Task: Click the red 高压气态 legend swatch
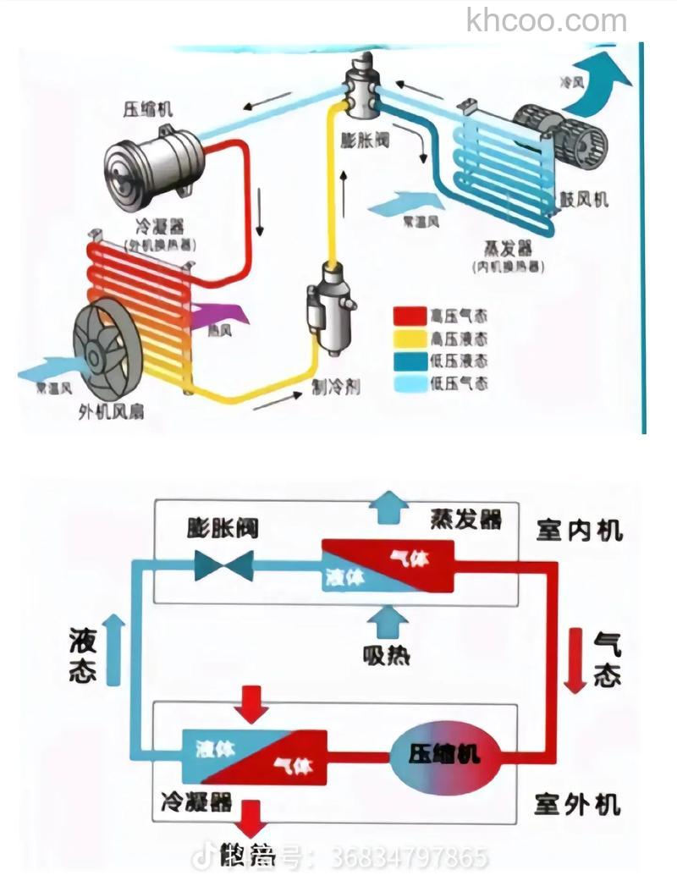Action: click(x=409, y=317)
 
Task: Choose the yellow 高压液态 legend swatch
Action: click(x=409, y=339)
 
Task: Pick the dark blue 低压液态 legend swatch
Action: click(x=409, y=361)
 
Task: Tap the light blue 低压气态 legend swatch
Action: click(x=409, y=383)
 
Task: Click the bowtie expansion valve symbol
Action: click(x=223, y=565)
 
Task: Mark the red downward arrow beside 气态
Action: click(x=575, y=660)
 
